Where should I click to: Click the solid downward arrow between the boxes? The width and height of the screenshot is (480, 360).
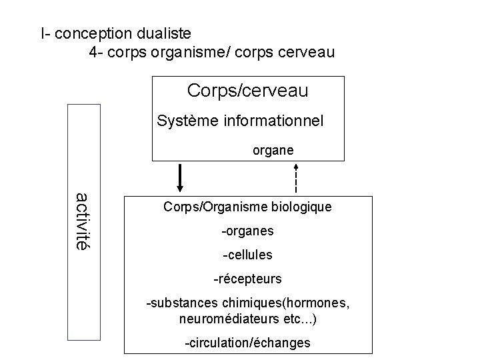[181, 178]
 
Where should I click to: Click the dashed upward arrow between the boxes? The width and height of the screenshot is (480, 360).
[295, 178]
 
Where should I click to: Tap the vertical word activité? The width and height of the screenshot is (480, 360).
[81, 221]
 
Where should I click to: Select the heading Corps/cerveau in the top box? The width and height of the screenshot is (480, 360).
[248, 90]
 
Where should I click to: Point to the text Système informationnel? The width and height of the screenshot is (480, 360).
[240, 121]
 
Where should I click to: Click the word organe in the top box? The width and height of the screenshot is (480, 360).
[273, 151]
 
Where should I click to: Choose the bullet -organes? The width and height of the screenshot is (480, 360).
[247, 232]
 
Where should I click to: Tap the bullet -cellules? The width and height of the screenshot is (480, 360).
[247, 255]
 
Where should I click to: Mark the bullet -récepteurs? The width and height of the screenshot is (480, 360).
[247, 278]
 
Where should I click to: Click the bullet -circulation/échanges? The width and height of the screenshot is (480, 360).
[247, 343]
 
